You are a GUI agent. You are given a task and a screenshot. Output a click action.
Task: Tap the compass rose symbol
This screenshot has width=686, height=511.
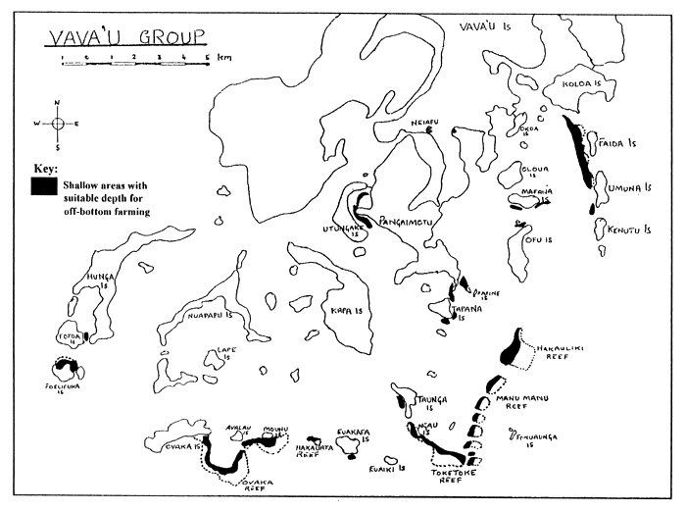click(x=57, y=124)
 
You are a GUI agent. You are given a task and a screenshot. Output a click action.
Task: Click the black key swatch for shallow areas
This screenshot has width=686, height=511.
click(x=42, y=183)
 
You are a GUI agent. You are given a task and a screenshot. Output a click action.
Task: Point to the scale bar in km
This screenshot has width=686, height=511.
click(x=135, y=60)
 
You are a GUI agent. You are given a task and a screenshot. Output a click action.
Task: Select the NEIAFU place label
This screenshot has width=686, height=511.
click(x=422, y=122)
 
